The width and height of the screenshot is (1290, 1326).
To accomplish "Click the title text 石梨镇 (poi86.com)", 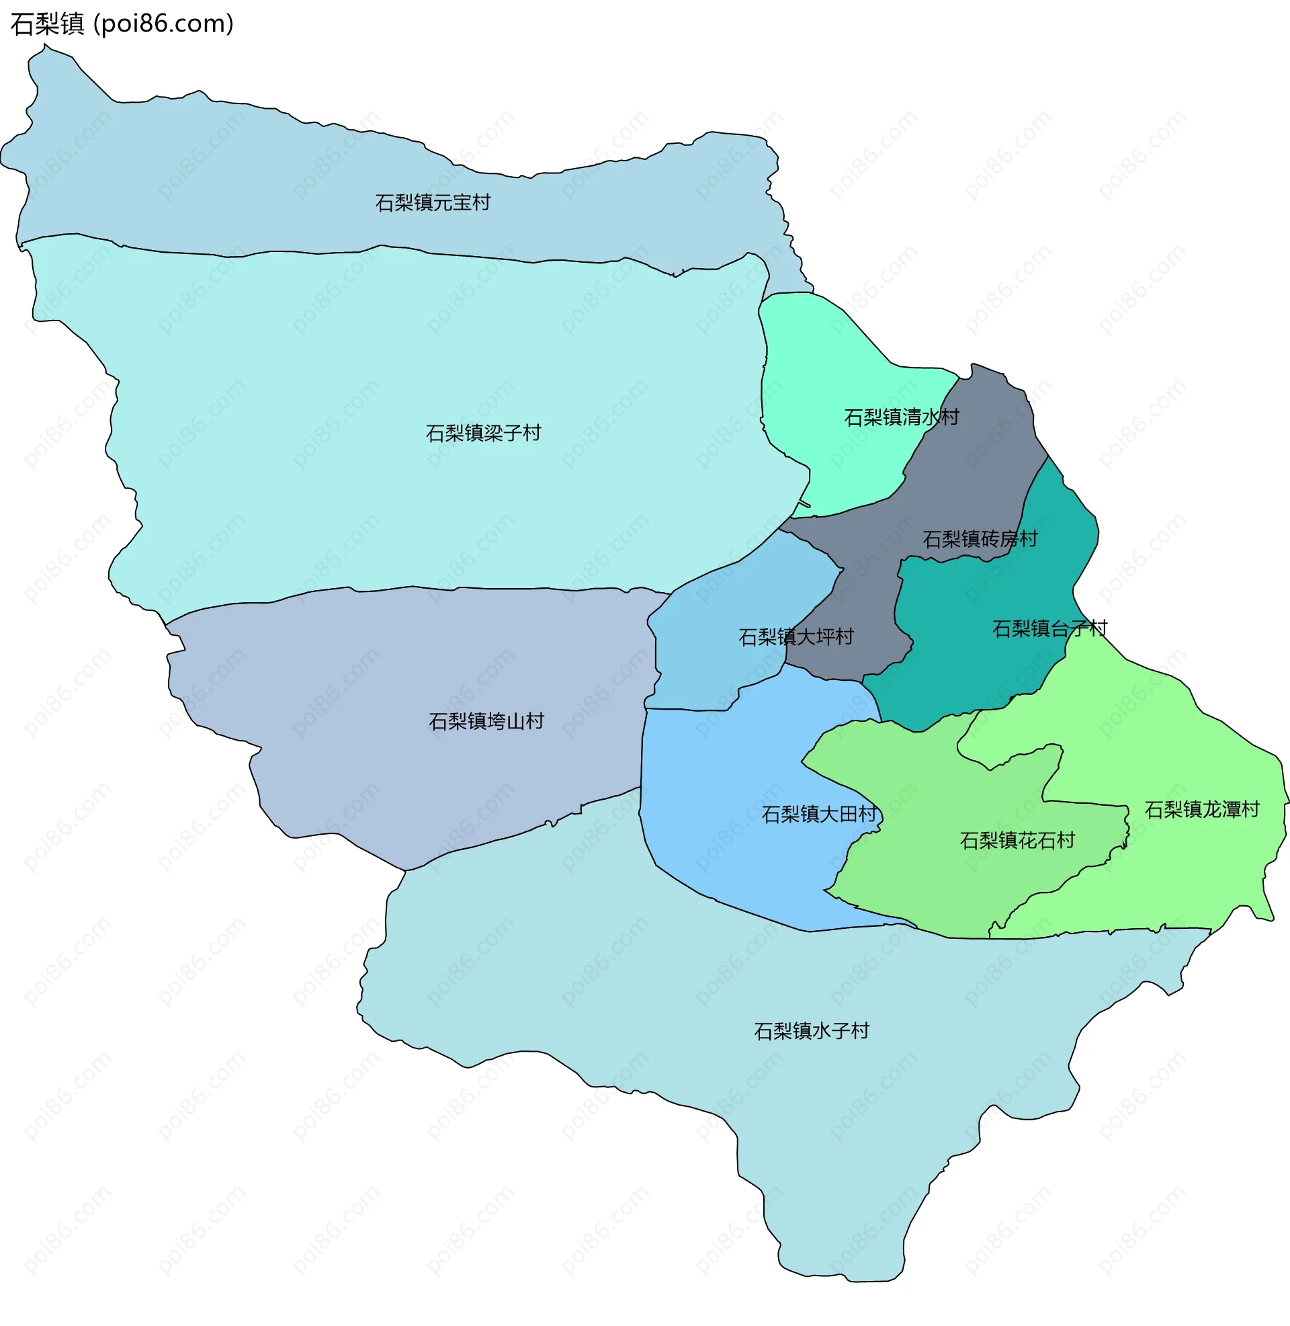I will point(122,24).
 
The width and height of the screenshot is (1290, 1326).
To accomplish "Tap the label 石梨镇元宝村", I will point(432,202).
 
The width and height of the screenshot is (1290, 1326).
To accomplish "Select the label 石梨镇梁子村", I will point(483,433).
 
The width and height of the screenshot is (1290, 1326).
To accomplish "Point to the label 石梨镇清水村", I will point(901,417).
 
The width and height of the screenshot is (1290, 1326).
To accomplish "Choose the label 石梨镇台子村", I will point(1049,629).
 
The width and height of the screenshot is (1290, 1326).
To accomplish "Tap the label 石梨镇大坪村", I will point(795,637).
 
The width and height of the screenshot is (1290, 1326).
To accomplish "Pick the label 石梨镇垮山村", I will point(486,721).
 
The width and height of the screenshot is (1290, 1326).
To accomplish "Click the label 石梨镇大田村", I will point(818,814).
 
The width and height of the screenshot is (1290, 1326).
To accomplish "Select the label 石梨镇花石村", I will point(1017,840).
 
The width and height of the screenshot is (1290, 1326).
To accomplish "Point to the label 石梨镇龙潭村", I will point(1201,809).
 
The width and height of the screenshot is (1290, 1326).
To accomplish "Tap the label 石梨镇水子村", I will point(811,1030).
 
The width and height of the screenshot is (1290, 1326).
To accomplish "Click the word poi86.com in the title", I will point(163,24).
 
